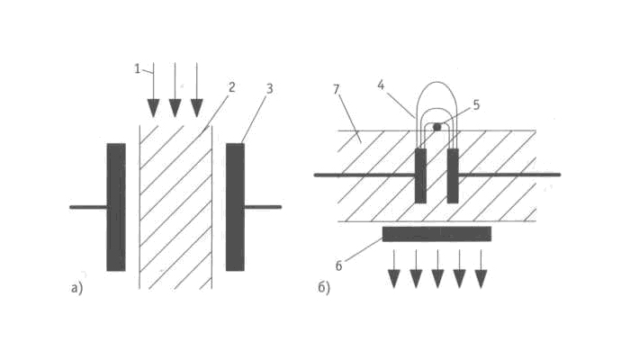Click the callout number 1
[139, 67]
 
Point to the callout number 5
[476, 104]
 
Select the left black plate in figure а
[116, 206]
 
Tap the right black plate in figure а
[235, 206]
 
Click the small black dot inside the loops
[437, 127]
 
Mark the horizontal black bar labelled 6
[436, 234]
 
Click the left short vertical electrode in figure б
[420, 175]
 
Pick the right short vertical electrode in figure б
[453, 175]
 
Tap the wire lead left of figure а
[87, 207]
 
